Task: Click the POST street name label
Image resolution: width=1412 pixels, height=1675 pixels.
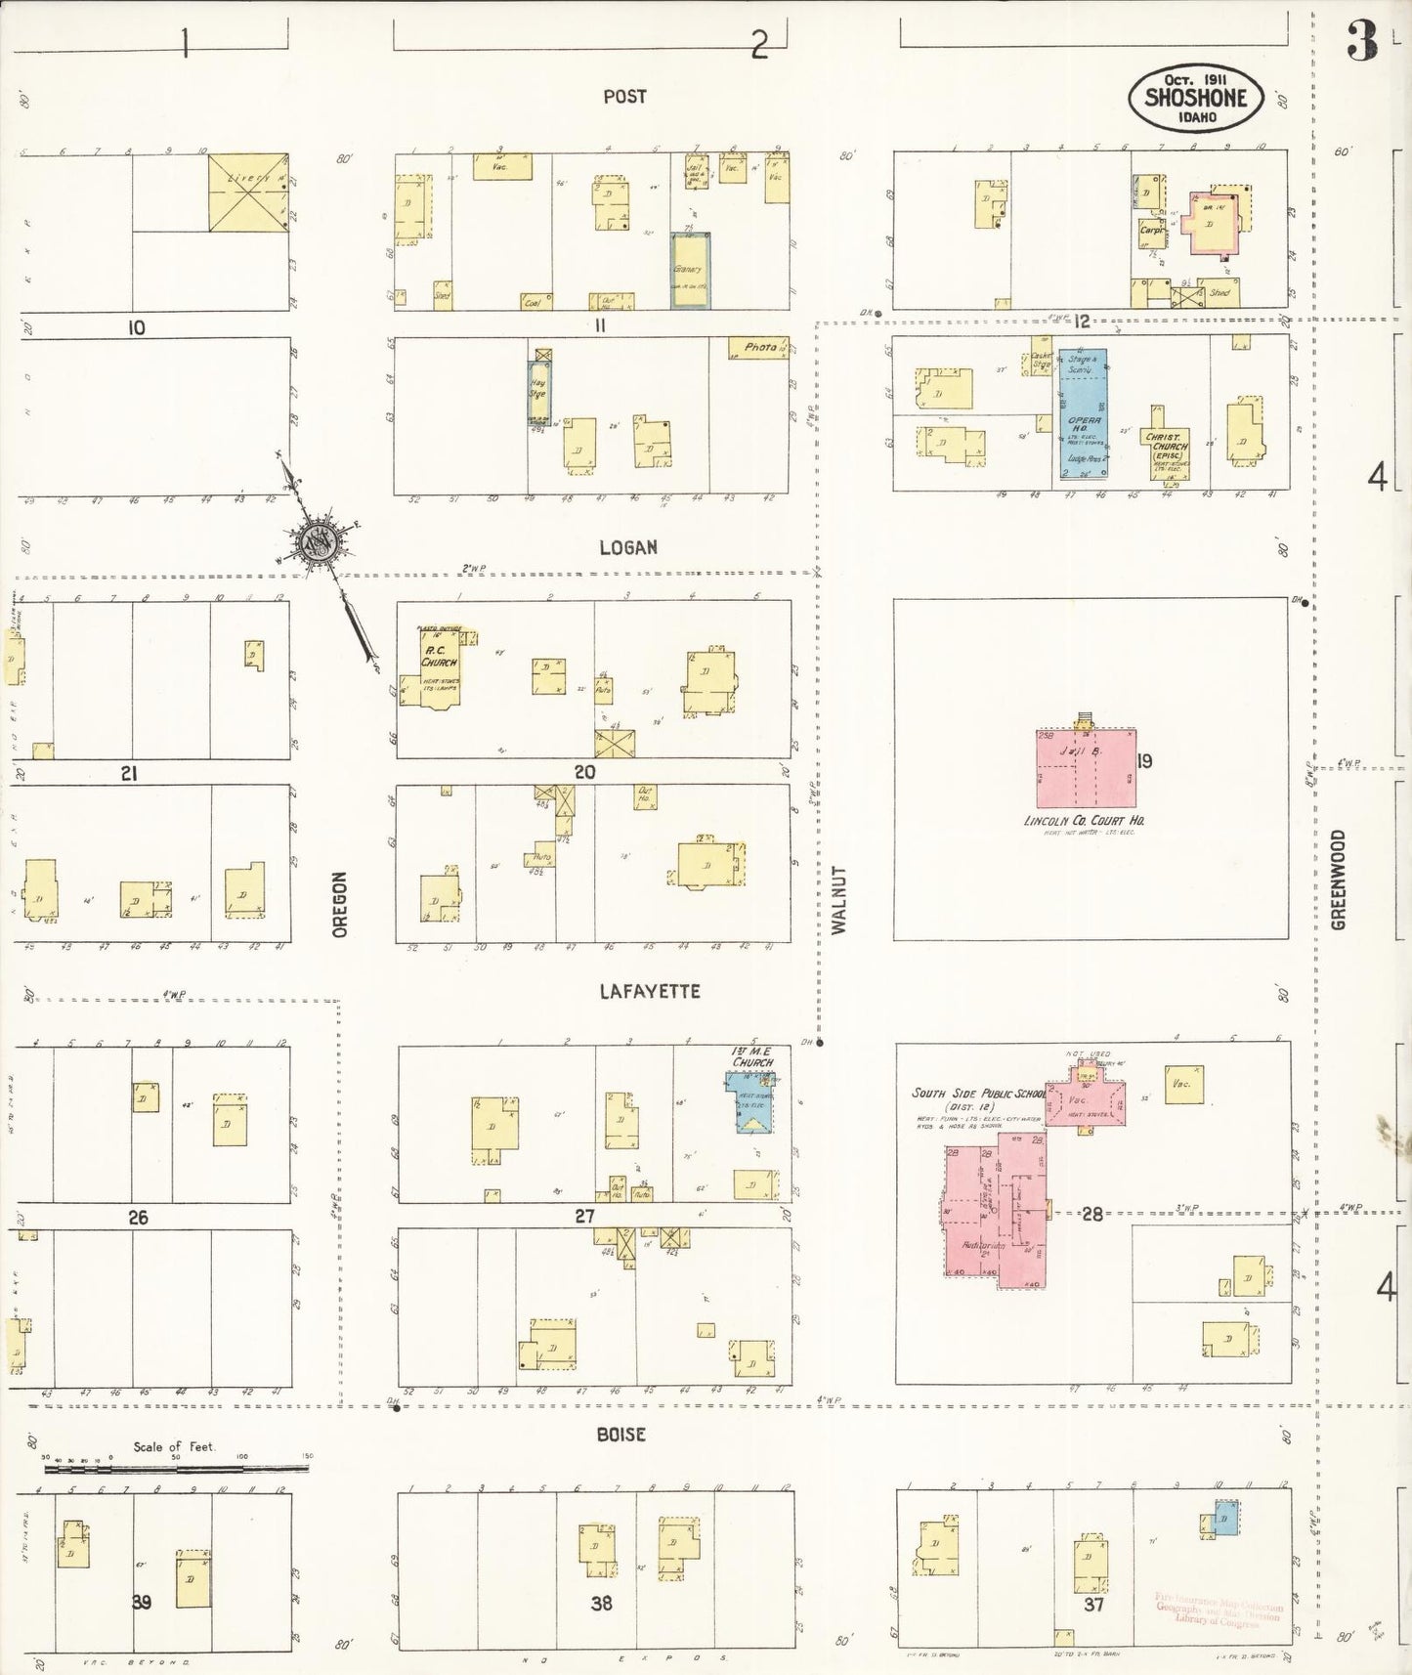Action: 624,96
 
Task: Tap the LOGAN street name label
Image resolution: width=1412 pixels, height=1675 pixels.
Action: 628,547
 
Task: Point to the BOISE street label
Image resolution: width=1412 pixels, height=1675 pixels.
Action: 621,1435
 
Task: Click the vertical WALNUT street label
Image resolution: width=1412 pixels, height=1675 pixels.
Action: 838,899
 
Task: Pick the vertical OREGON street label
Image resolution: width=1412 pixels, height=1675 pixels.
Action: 340,905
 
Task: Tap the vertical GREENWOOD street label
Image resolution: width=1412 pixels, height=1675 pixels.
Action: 1339,880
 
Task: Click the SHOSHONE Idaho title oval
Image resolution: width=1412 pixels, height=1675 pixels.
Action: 1196,98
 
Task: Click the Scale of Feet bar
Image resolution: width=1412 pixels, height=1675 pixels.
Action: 176,1468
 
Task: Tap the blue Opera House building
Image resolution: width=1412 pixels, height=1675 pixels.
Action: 1084,413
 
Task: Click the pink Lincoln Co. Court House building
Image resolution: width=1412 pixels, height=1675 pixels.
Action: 1086,768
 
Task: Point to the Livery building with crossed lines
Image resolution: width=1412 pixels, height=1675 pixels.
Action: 248,193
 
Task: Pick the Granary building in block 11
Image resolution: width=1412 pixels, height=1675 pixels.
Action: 690,271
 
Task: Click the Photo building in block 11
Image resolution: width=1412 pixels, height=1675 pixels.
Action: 759,347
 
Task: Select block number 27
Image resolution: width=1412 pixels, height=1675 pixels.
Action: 584,1217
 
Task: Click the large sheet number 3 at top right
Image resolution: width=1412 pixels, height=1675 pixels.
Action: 1361,41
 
